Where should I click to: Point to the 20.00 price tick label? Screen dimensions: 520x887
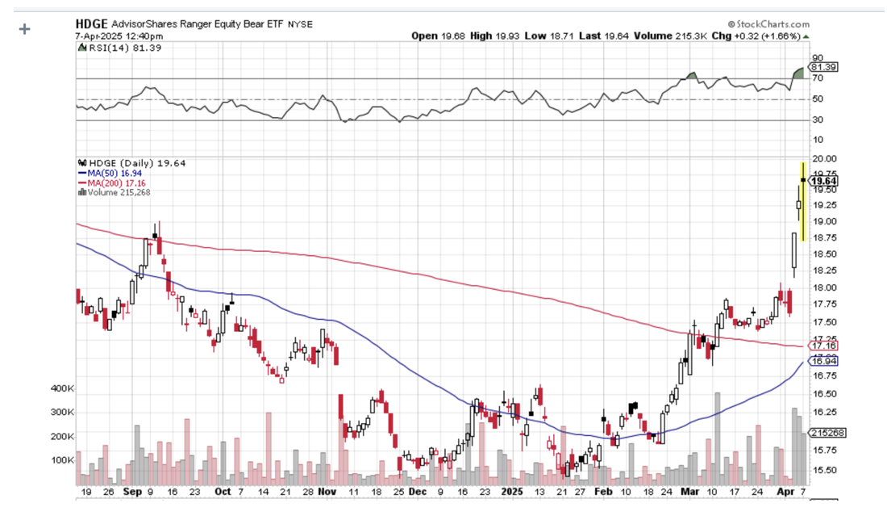823,159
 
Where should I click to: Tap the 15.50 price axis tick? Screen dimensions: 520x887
823,471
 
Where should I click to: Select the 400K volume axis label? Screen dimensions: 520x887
62,388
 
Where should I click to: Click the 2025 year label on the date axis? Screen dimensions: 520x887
512,491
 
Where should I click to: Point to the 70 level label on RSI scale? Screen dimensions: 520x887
817,78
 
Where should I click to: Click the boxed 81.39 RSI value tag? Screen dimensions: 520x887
825,67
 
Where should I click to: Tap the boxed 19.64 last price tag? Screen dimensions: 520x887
825,182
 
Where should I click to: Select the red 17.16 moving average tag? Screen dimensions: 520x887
823,346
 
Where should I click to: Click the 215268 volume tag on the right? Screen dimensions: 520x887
827,433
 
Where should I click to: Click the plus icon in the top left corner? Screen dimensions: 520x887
24,29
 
